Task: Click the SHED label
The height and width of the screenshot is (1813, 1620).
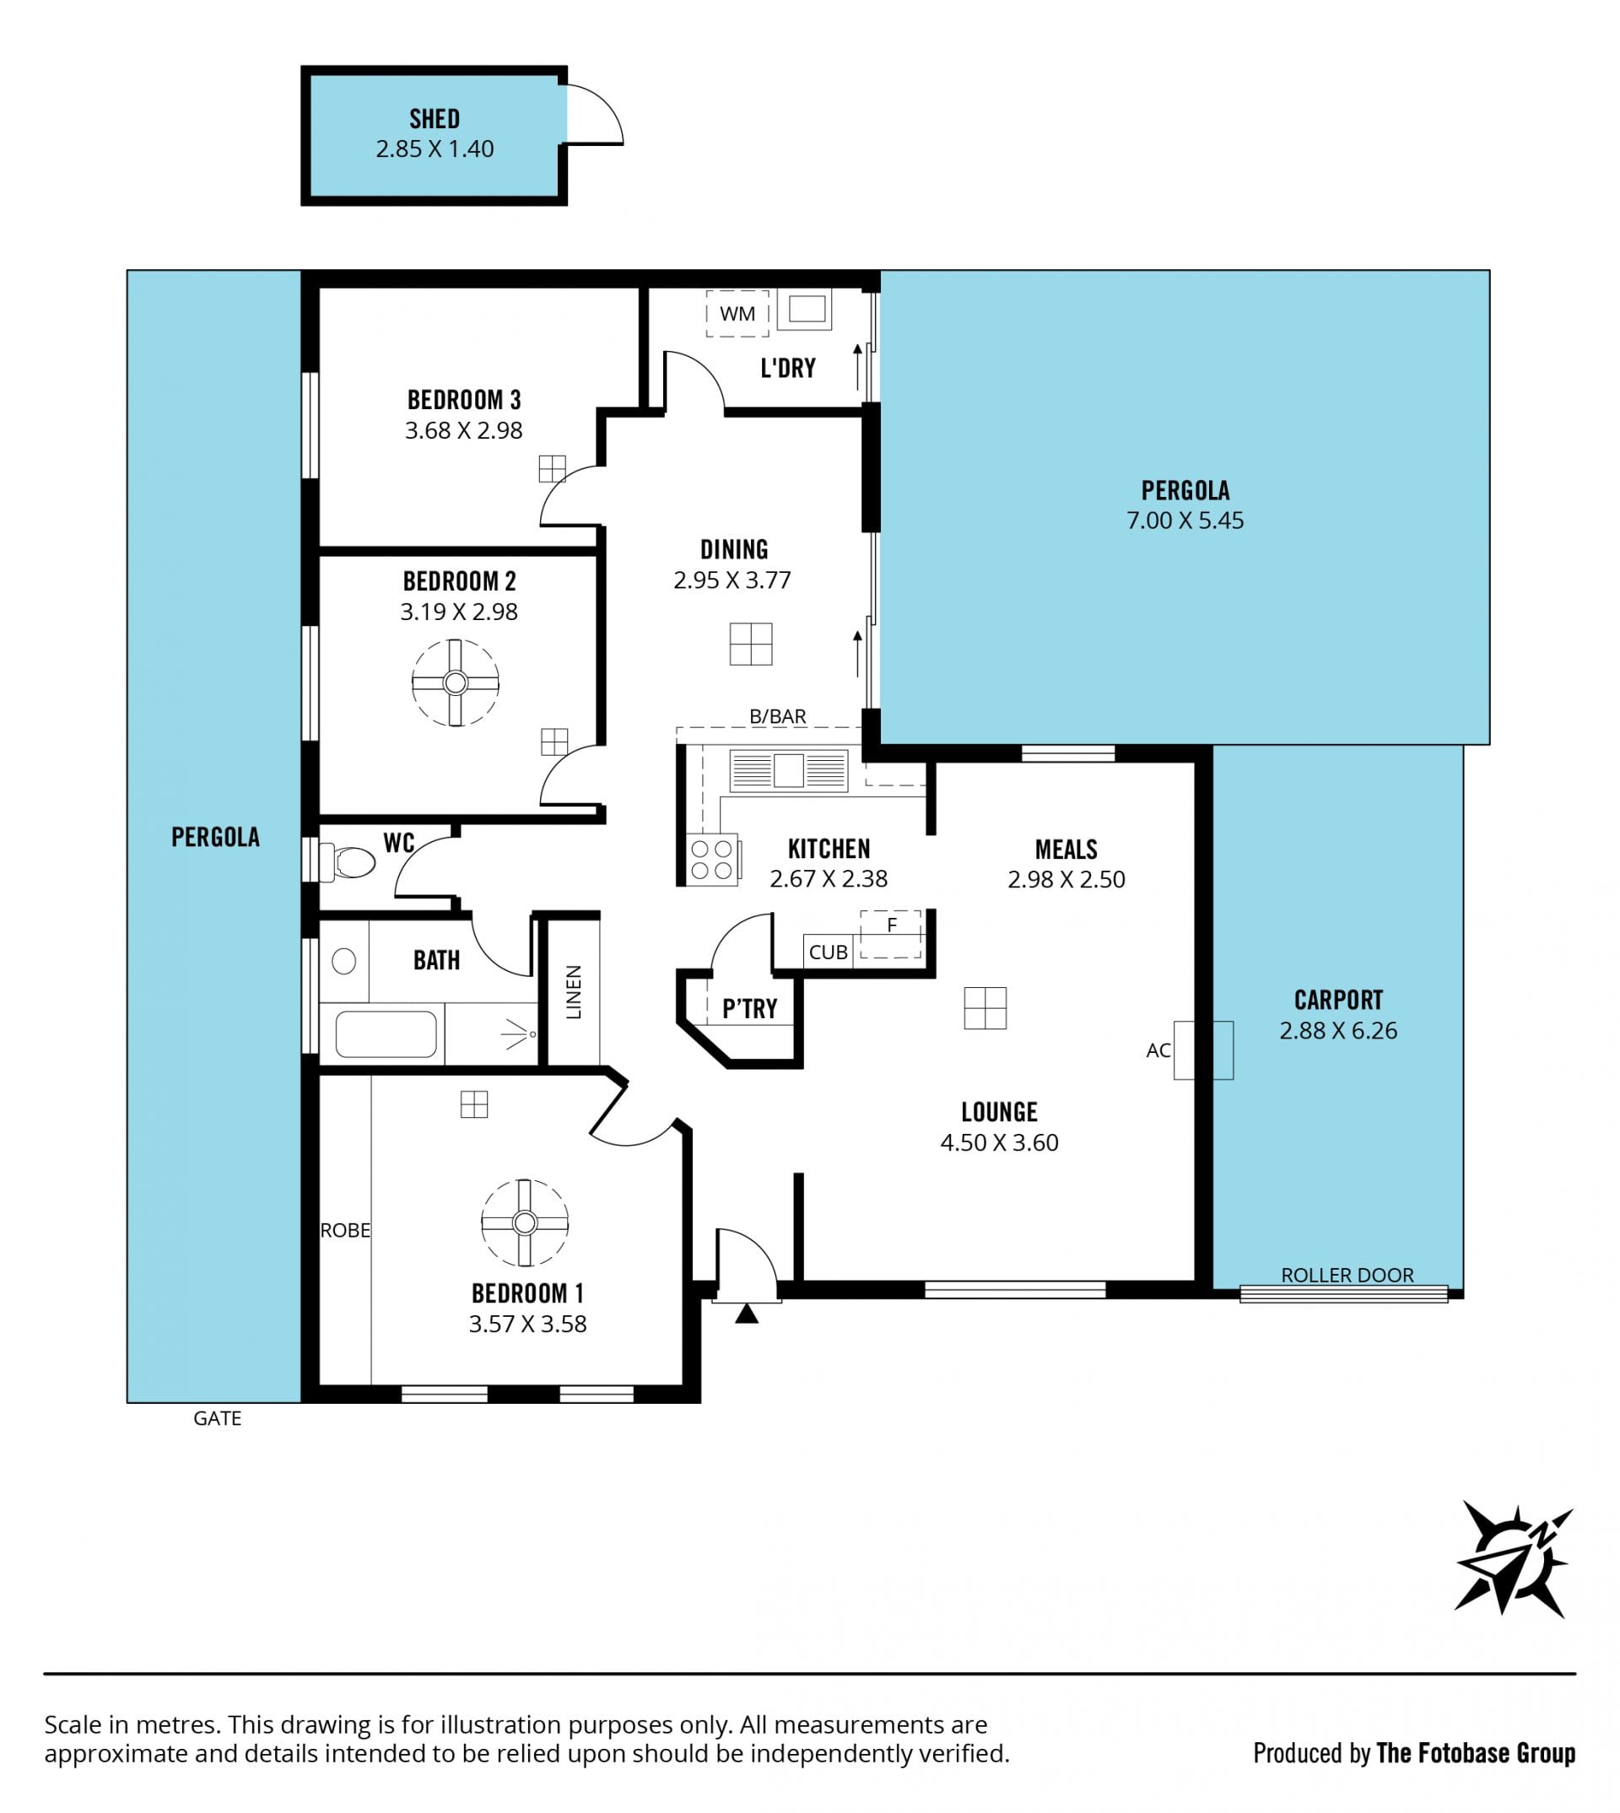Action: (x=435, y=118)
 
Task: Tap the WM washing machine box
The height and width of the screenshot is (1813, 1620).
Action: (x=737, y=313)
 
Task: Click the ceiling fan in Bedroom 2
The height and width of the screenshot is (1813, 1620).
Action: (x=455, y=683)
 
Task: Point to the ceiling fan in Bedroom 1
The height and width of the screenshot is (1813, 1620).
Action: (x=524, y=1223)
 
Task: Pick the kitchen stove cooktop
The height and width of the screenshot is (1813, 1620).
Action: (x=712, y=859)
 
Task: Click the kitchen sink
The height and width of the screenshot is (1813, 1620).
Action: (x=789, y=770)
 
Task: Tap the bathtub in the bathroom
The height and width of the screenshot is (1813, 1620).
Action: (x=386, y=1033)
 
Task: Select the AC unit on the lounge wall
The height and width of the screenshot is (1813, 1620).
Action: (x=1203, y=1050)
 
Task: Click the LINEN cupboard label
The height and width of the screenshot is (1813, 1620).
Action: (x=573, y=992)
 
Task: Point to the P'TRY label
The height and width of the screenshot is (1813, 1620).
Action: (x=749, y=1008)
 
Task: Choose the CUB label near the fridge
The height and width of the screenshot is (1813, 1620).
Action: (x=828, y=952)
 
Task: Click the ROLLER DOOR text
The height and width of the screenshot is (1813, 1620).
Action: (x=1347, y=1275)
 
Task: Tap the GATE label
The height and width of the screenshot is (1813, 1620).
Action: (x=217, y=1418)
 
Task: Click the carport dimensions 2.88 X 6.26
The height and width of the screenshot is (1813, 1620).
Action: (x=1338, y=1031)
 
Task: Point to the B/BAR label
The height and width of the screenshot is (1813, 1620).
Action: (x=777, y=716)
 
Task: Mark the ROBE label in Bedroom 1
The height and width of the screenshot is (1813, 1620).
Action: (x=345, y=1230)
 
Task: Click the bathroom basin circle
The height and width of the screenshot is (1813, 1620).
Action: (x=343, y=961)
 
